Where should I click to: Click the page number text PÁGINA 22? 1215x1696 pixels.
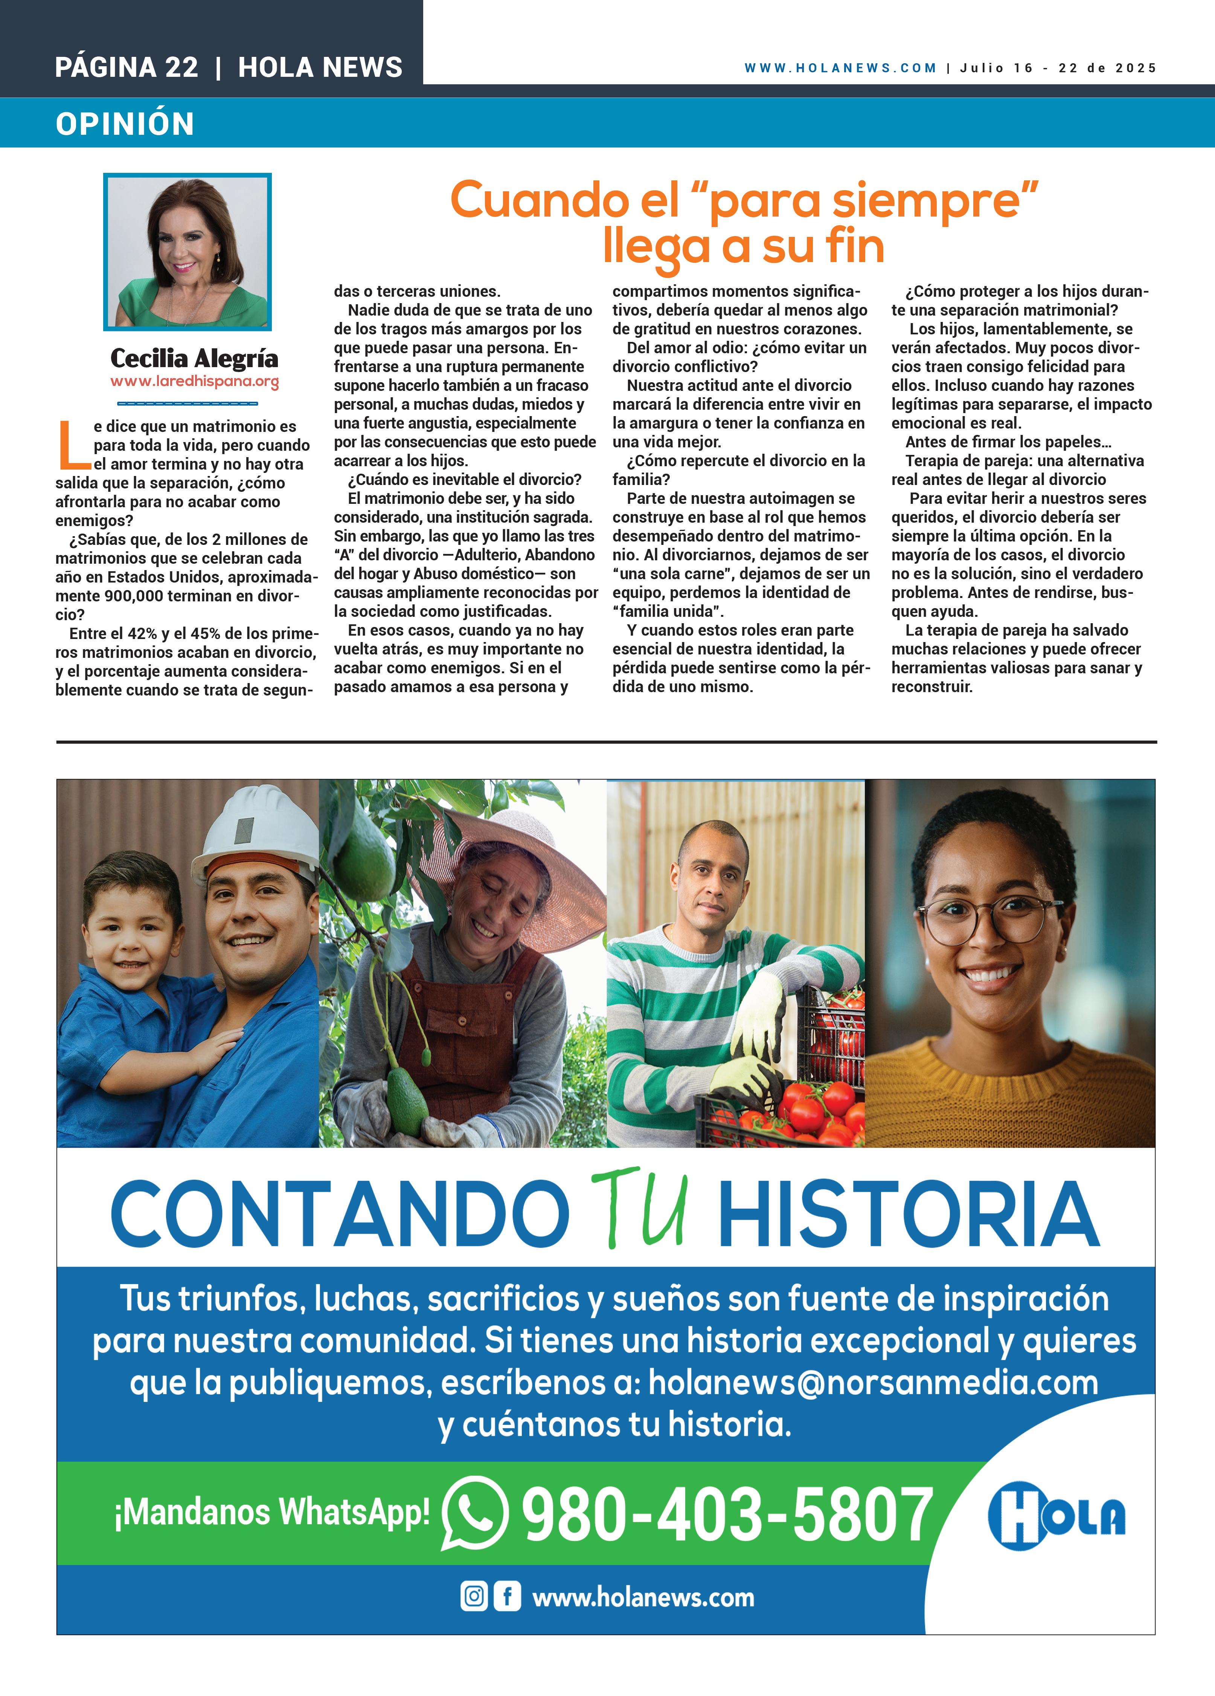point(127,67)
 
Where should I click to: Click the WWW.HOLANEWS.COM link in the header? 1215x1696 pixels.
point(840,68)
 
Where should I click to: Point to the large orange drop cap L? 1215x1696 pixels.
point(73,444)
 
